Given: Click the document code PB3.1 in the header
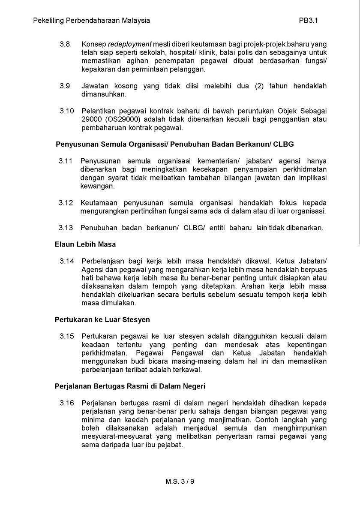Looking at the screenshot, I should (x=308, y=20).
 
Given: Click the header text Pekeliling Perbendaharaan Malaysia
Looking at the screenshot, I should (x=92, y=20).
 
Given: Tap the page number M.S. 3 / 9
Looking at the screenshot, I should (x=180, y=481).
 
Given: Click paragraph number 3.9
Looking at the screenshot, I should (x=65, y=86).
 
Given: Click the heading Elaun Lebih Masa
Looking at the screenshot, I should (x=85, y=244).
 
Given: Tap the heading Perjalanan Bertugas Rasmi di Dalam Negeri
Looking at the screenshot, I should (x=130, y=386).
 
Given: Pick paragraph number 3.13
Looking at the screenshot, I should (x=66, y=228).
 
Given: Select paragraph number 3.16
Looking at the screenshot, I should (x=66, y=403).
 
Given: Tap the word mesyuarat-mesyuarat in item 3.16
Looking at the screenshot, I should (x=116, y=437).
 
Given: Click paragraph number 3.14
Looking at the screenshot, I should (x=66, y=261).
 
